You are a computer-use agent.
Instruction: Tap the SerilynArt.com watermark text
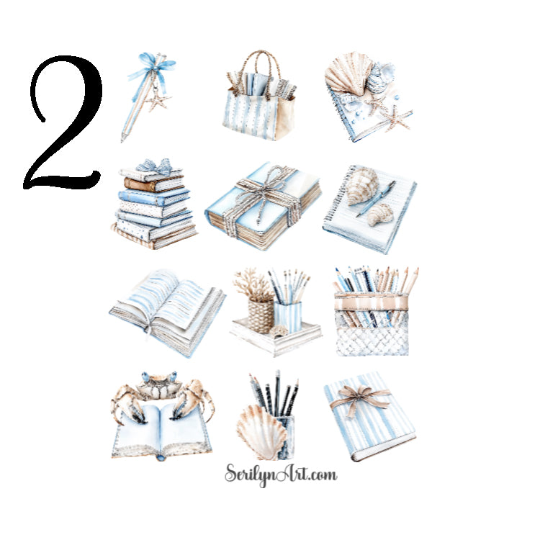click(x=280, y=474)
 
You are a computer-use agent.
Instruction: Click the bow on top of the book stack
click(x=156, y=166)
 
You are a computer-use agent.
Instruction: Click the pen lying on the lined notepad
click(x=376, y=197)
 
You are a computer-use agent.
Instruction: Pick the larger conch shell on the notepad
click(x=361, y=184)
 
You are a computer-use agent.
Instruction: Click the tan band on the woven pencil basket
click(x=371, y=300)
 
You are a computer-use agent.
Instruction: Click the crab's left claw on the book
click(x=128, y=404)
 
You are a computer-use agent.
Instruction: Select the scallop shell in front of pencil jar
click(x=261, y=431)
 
